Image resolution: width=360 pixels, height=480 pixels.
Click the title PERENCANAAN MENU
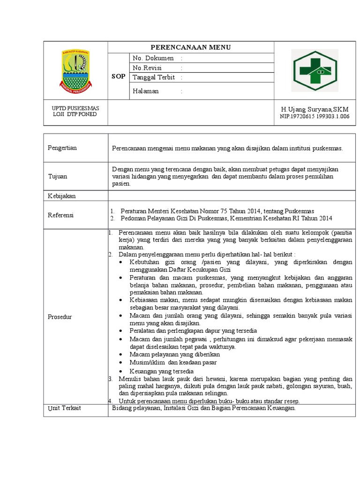(190, 47)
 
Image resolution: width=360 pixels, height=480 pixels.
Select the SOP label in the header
(118, 76)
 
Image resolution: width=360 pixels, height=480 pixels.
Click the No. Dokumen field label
(153, 58)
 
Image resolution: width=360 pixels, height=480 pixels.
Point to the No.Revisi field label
(147, 68)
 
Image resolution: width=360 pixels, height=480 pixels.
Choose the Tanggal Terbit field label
(154, 77)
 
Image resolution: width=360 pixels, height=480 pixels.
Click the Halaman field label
(146, 91)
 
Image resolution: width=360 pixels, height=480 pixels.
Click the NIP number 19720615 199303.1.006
(315, 117)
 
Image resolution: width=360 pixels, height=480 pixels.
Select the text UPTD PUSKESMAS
(75, 108)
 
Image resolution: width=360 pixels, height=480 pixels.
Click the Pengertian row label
(62, 148)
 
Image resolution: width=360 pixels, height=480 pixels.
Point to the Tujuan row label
(58, 176)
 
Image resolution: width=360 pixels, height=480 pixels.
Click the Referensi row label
(61, 215)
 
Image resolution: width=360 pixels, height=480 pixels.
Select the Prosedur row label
(60, 317)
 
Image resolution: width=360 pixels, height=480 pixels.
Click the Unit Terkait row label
(64, 408)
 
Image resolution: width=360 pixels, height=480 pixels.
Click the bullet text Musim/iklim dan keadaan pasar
(173, 362)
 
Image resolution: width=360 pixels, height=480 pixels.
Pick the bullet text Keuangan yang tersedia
(162, 371)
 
